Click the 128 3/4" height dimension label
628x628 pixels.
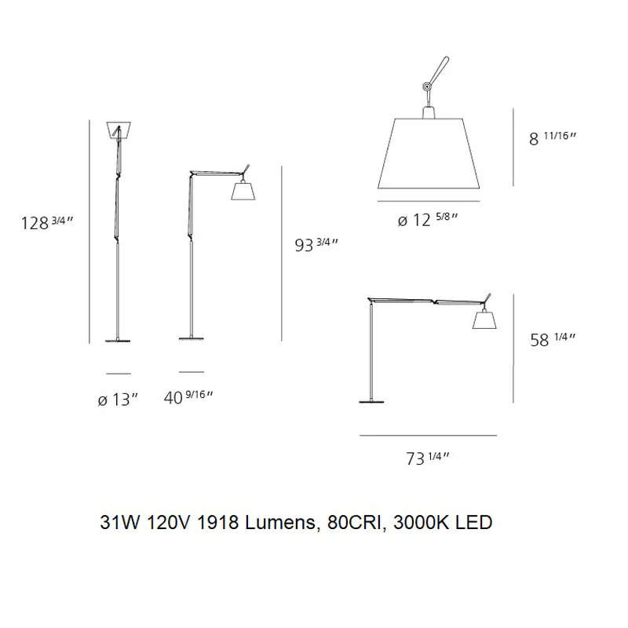[x=47, y=223]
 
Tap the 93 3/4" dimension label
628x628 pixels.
[x=316, y=245]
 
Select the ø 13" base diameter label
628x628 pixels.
[x=118, y=400]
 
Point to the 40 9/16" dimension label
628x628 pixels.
[x=188, y=397]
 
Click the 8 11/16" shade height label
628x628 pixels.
[x=553, y=138]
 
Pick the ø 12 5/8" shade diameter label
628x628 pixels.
[x=428, y=220]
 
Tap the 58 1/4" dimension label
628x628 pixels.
[x=553, y=340]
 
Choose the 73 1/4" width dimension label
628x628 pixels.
[x=428, y=458]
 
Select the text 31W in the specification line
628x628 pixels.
[x=120, y=522]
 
